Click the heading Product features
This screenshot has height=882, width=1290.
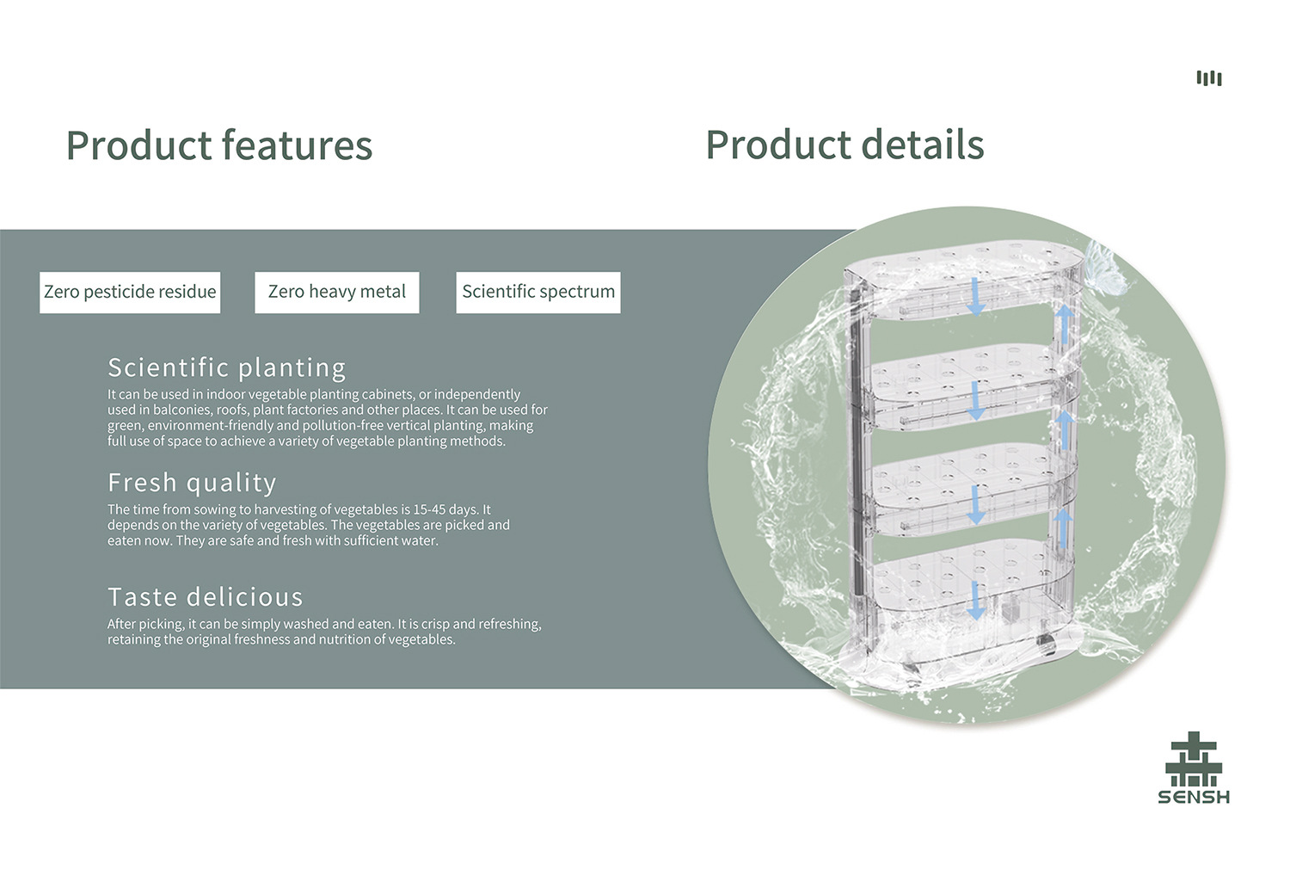219,145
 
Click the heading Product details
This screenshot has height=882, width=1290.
845,145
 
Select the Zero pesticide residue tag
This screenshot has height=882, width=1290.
130,293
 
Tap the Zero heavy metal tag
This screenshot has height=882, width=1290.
337,293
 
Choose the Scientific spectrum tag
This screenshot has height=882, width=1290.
538,293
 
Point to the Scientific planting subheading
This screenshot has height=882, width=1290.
227,368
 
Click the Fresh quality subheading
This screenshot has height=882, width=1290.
192,483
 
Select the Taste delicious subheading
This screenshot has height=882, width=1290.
206,597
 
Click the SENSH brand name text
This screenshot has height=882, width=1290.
1194,797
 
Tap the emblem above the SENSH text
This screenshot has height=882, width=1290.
1194,758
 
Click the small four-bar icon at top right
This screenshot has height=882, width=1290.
1209,78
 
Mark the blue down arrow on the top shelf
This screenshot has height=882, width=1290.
976,297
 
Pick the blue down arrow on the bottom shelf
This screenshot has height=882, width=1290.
976,600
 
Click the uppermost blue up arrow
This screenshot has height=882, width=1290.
1064,324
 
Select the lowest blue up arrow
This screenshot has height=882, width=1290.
1063,526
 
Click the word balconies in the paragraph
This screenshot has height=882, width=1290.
182,410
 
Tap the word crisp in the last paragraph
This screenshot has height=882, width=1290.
435,624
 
